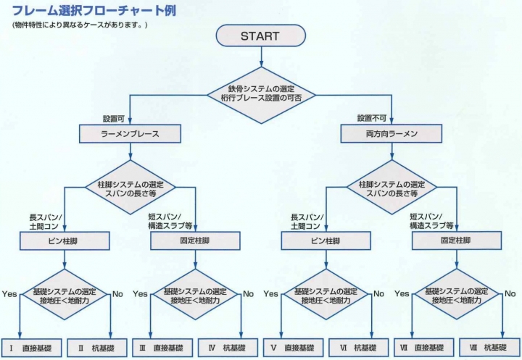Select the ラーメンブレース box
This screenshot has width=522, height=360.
tap(129, 133)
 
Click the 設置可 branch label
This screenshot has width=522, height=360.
tap(115, 118)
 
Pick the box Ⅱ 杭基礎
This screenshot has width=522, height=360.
tap(96, 348)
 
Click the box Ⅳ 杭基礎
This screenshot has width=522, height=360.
tap(227, 348)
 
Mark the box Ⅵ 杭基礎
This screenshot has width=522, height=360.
tap(358, 348)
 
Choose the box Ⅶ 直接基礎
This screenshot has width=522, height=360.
tap(423, 348)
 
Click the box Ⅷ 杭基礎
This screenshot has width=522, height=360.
tap(488, 348)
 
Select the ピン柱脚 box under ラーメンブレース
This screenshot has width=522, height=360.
tap(65, 240)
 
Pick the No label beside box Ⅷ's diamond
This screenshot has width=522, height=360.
tap(509, 293)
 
